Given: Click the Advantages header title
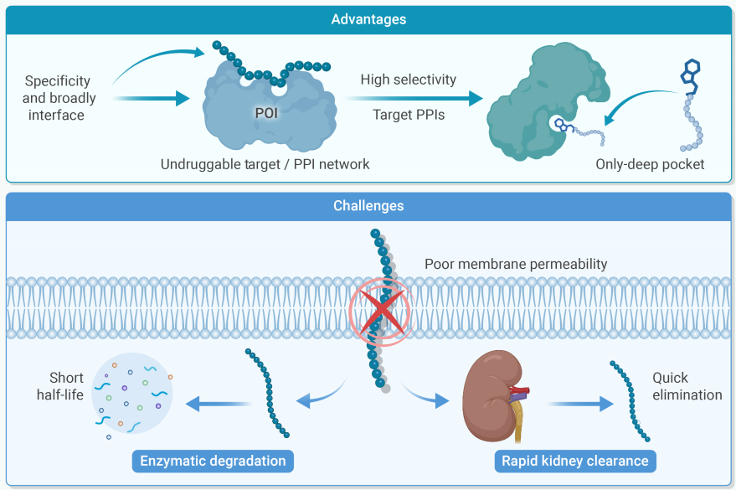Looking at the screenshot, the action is (368, 19).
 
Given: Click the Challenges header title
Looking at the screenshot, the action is (368, 205).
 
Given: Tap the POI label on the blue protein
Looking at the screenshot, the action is (266, 113).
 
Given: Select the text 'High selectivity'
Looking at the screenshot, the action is (409, 80).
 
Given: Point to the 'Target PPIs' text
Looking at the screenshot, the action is (409, 115).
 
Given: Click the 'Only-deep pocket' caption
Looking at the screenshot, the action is (650, 164).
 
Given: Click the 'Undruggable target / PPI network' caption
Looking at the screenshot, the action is (265, 164).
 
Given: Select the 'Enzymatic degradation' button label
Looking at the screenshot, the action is (213, 461).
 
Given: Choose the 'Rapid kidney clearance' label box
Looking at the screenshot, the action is (575, 461).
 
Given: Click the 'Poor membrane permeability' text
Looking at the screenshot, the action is (516, 264).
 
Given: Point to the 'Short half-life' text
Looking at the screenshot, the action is (60, 386).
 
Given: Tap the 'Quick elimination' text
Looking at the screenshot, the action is (687, 386).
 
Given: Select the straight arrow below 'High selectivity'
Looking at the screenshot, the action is (413, 98).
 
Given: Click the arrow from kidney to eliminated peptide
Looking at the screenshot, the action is (580, 404).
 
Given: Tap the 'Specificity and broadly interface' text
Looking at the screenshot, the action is (59, 98).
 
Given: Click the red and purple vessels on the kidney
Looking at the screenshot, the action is (518, 394).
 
